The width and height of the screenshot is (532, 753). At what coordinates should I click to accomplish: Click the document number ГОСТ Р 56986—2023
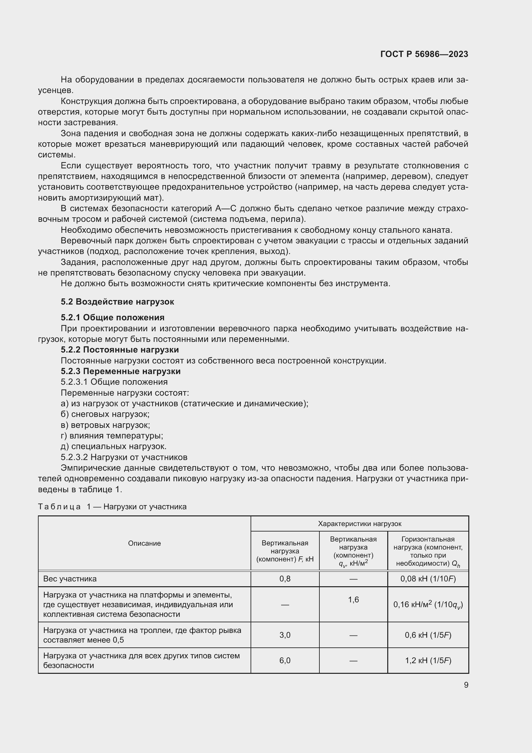pos(424,54)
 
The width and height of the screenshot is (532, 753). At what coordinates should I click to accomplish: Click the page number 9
pos(466,685)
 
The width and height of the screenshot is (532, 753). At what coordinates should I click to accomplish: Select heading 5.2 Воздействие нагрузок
pos(117,302)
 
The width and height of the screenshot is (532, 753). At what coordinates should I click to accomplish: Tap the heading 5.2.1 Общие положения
pos(113,317)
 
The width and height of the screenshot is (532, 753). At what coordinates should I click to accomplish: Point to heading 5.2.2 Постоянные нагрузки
pos(120,350)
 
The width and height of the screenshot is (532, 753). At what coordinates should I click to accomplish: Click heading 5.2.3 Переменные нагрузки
pos(121,371)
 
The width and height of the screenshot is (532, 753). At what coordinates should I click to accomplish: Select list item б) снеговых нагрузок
pos(105,414)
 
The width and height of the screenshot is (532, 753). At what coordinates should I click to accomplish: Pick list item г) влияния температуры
pos(112,436)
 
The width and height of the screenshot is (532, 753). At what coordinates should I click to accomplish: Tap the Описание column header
pos(144,543)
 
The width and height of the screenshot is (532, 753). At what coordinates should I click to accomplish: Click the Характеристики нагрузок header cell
pos(359,524)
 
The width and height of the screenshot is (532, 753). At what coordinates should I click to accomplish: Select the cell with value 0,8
pos(285,579)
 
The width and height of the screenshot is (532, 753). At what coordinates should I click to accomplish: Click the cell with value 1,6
pos(353,600)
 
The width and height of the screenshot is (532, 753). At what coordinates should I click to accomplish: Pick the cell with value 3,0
pos(285,635)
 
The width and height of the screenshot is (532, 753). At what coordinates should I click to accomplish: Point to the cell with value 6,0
pos(285,661)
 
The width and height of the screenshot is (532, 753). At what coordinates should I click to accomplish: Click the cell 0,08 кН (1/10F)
pos(428,579)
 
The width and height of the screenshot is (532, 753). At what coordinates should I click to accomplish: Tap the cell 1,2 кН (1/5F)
pos(428,661)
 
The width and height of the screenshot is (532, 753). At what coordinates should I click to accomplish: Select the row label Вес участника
pos(70,579)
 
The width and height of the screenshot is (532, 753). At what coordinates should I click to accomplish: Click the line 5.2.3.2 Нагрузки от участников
pos(124,457)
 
